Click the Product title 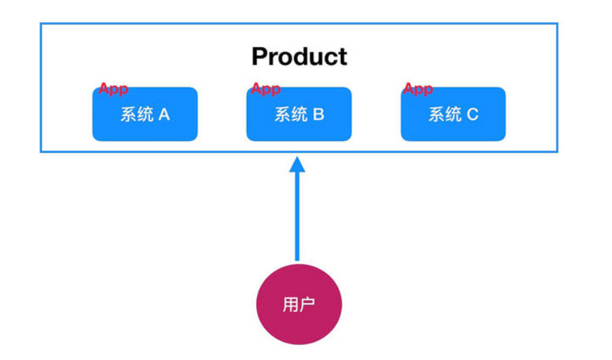tap(300, 56)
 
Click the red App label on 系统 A tap(113, 89)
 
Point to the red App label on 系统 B tap(265, 89)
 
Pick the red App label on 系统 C tap(418, 89)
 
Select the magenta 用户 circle tap(299, 305)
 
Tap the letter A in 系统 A tap(164, 115)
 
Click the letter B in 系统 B tap(318, 115)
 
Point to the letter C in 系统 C tap(473, 115)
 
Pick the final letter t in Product tap(342, 57)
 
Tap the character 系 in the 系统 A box tap(128, 115)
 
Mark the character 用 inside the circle tap(290, 305)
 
